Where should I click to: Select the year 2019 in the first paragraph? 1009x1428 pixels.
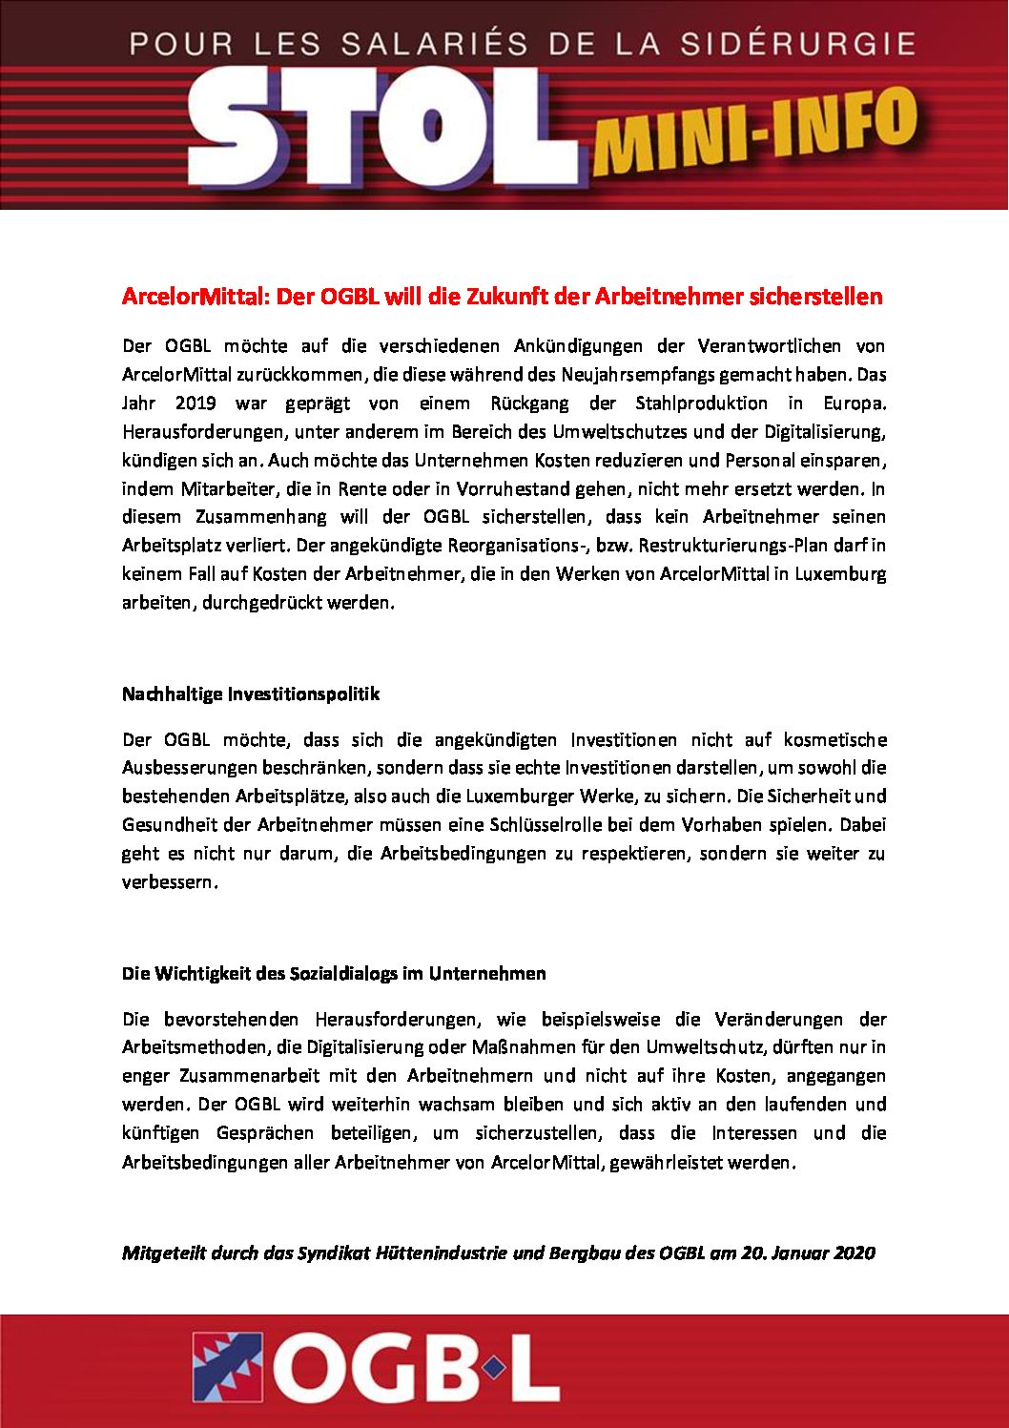point(196,403)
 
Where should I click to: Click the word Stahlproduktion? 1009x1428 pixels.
point(701,403)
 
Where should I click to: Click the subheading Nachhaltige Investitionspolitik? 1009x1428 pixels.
point(251,694)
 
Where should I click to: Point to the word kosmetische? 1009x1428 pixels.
point(834,739)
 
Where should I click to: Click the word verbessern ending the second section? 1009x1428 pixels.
point(167,882)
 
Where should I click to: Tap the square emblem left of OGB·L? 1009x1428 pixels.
point(227,1367)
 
